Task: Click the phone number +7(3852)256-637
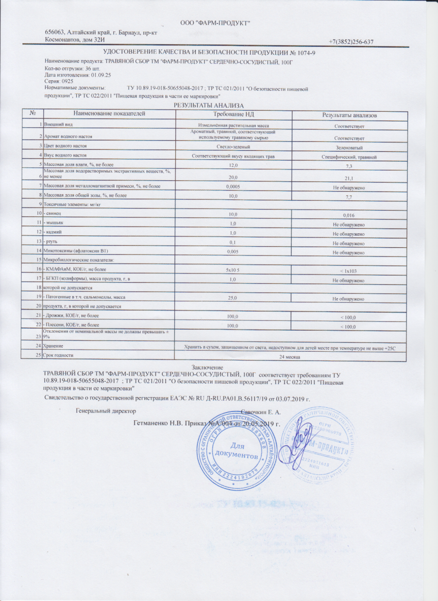[x=350, y=42]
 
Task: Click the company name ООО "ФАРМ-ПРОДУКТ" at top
[x=215, y=23]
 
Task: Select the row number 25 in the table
[x=39, y=355]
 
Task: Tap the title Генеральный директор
[x=106, y=411]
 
